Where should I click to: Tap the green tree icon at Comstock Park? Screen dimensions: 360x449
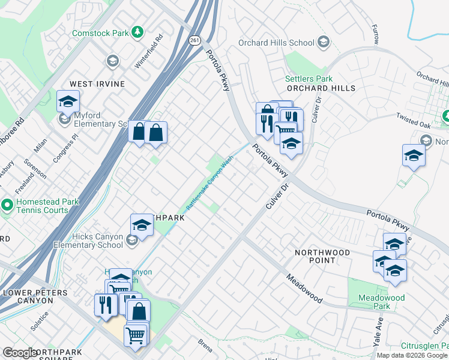coord(138,31)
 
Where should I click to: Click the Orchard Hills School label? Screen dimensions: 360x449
coord(276,43)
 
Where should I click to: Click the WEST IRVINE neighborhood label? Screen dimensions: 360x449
coord(97,84)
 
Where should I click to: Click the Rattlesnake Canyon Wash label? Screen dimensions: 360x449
coord(209,183)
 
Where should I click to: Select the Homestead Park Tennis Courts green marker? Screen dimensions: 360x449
coord(7,206)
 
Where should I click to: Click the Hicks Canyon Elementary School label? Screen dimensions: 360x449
coord(88,241)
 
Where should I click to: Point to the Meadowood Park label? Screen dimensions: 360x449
coord(381,302)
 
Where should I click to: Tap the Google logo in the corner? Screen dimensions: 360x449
coord(19,353)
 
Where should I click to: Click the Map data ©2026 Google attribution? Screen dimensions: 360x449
coord(412,355)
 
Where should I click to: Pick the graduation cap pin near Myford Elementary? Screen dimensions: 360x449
coord(68,101)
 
